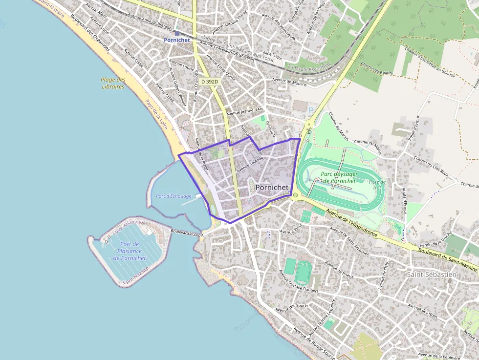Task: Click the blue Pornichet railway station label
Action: coord(176,40)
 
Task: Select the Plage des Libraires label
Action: coord(113,83)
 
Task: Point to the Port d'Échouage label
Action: coord(174,196)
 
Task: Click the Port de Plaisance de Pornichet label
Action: coord(130,251)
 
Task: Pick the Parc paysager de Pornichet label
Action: coord(340,177)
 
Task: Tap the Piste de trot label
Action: coord(377,184)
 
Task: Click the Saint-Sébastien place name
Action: coord(432,275)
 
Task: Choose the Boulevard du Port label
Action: coord(187,233)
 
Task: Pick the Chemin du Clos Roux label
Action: coord(431,166)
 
